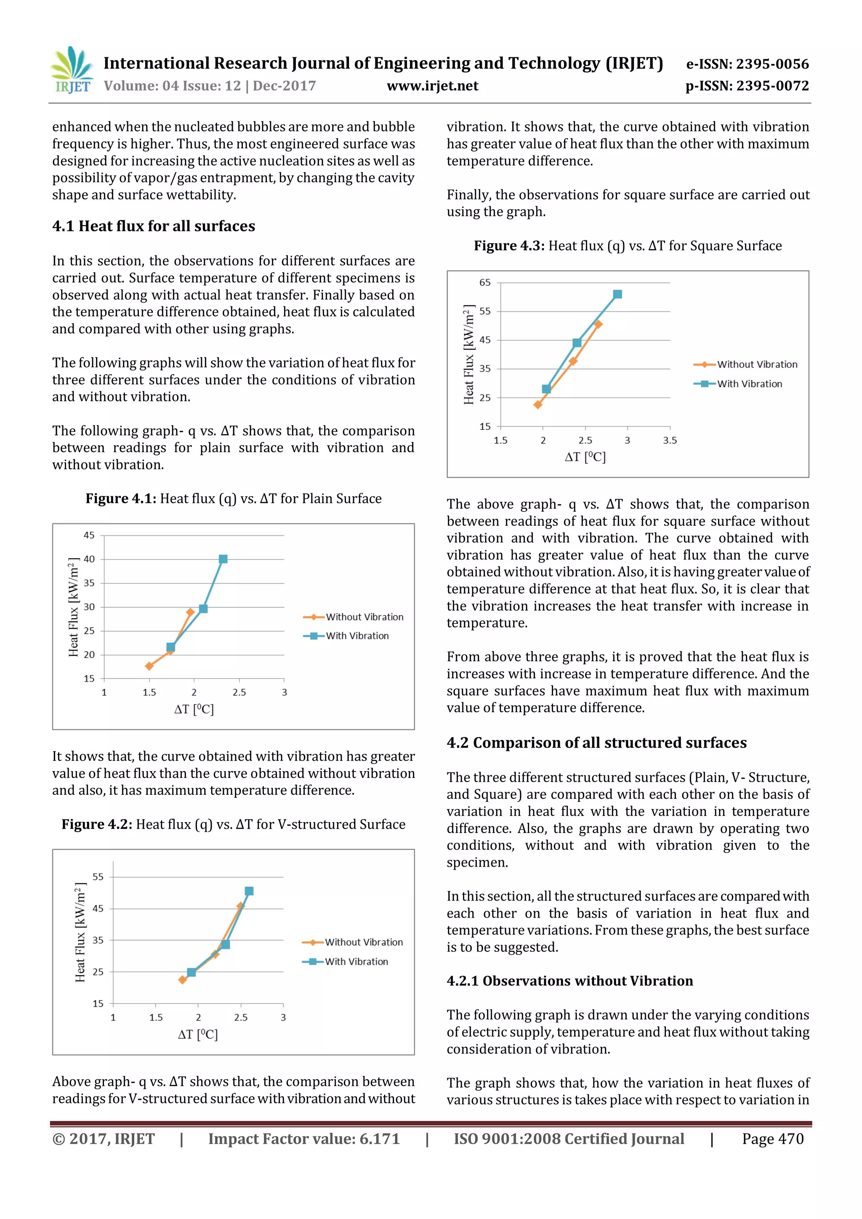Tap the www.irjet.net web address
pos(432,85)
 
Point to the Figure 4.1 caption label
pos(120,498)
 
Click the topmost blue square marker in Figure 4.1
pos(223,559)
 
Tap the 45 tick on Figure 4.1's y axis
pos(89,535)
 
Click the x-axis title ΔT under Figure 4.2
pos(197,1034)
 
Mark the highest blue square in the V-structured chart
pos(249,891)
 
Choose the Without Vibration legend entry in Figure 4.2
pos(363,942)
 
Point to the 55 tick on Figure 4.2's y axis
pos(98,876)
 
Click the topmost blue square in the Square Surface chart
pos(617,294)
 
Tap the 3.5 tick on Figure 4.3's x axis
pos(670,440)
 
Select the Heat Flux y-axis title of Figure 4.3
pos(468,355)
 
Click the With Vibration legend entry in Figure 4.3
pos(749,384)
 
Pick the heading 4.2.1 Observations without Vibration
pos(569,981)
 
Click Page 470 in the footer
pos(772,1139)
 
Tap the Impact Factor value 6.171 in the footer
pos(303,1139)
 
